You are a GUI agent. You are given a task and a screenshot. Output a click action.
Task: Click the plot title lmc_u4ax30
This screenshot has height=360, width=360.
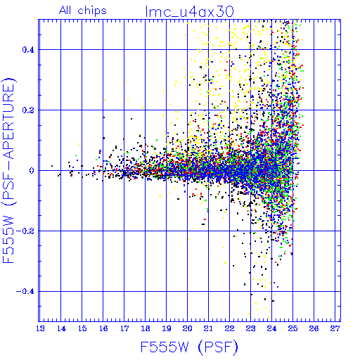pos(189,11)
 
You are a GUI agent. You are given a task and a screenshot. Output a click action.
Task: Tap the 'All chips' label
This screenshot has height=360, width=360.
pos(83,11)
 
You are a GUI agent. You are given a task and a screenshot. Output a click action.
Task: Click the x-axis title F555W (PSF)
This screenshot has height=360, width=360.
pos(189,347)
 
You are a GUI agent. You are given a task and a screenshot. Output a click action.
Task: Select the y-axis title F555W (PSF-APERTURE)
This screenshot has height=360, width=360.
pos(8,170)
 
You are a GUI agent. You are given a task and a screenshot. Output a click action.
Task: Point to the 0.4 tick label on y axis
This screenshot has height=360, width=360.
pos(28,50)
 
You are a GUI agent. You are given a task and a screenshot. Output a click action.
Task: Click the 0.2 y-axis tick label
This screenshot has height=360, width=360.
pos(28,110)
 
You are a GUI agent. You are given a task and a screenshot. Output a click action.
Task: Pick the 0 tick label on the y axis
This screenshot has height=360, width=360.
pos(32,171)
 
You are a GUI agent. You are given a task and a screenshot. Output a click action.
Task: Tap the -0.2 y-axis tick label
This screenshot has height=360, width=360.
pos(25,231)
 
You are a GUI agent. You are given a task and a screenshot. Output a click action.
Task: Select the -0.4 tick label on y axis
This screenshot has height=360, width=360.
pos(25,292)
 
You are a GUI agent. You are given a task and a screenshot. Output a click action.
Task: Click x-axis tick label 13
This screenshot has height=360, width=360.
pos(40,328)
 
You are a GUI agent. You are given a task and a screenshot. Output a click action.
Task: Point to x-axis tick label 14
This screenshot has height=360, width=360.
pos(61,328)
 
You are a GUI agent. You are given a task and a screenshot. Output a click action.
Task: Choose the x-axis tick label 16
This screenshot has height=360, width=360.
pos(103,328)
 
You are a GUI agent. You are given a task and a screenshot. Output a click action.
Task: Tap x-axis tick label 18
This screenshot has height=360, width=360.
pos(146,328)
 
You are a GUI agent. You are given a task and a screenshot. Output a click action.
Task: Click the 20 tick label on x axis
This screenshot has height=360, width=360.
pos(188,328)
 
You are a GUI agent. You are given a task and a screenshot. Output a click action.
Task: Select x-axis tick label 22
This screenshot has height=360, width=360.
pos(229,328)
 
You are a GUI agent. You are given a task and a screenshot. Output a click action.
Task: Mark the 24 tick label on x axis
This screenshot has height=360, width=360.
pos(271,328)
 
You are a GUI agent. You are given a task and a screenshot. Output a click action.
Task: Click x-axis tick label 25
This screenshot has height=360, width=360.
pos(292,328)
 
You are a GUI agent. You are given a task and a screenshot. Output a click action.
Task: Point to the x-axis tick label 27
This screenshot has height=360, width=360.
pos(335,328)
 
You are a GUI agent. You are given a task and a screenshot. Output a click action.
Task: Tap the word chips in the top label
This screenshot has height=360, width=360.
pos(92,11)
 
